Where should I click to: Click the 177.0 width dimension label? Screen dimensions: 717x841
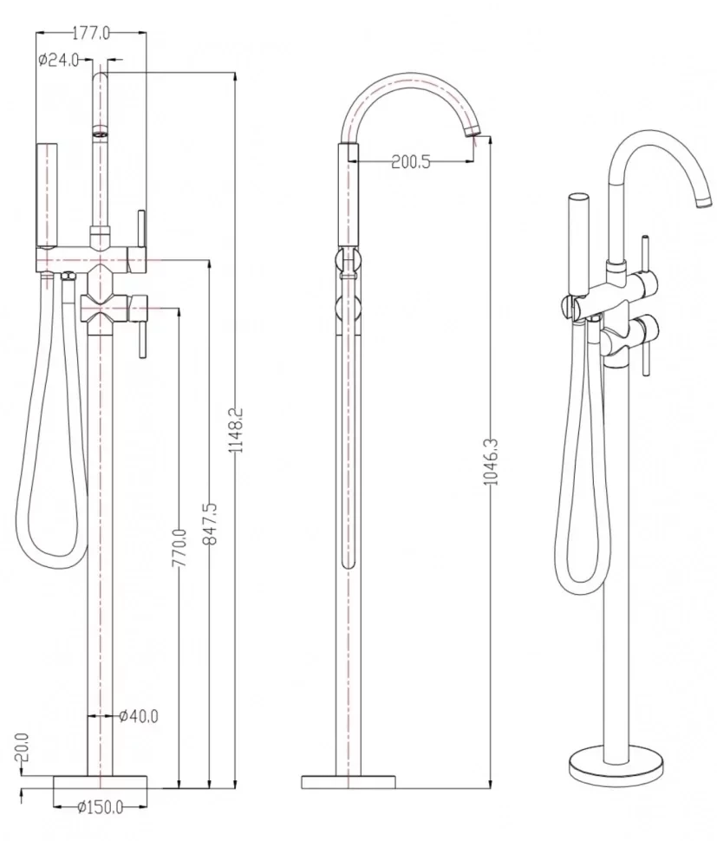[91, 33]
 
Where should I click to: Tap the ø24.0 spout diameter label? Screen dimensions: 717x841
[58, 60]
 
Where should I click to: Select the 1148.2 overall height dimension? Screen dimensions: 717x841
[236, 430]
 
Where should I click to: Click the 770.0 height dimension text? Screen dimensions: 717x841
[179, 548]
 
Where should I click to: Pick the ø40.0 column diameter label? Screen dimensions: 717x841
[139, 715]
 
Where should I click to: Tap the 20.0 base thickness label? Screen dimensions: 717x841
[21, 747]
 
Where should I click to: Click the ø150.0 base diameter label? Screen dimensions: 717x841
[101, 806]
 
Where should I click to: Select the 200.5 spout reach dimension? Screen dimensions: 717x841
[411, 161]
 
